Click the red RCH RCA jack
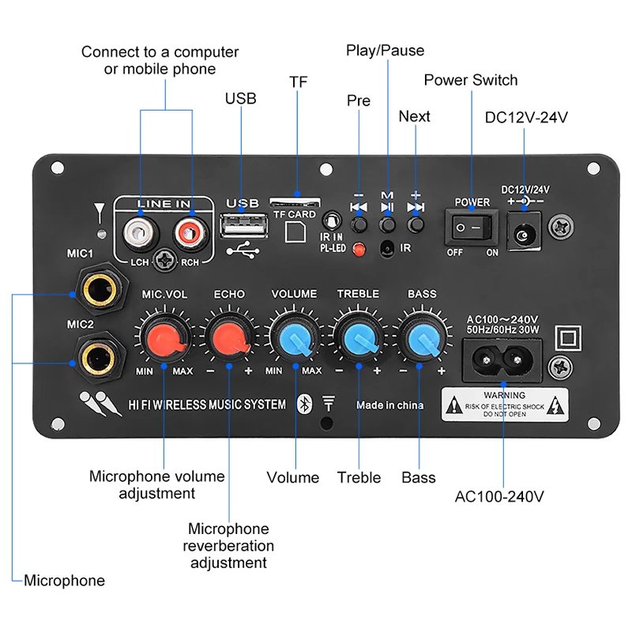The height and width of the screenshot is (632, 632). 190,231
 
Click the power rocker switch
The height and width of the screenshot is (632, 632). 471,229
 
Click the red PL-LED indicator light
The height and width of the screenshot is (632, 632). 359,250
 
